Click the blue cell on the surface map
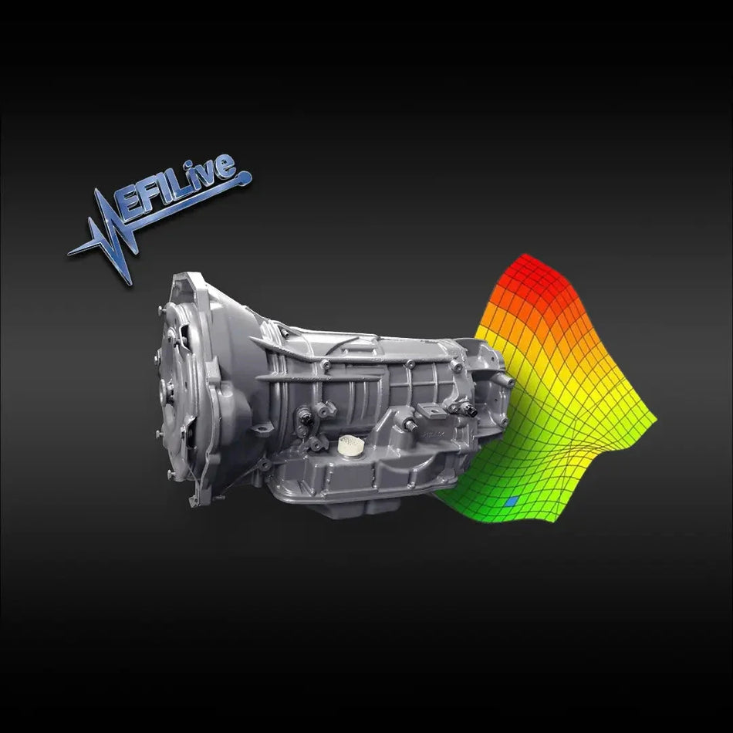click(509, 502)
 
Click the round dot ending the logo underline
click(248, 181)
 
